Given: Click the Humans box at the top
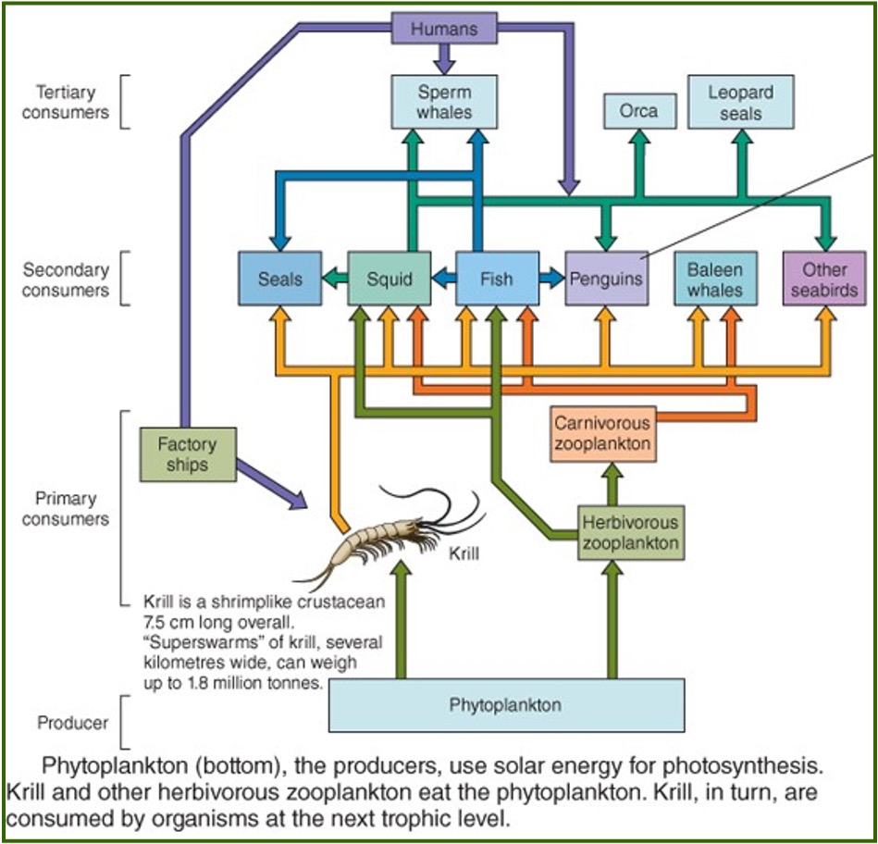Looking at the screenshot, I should tap(444, 28).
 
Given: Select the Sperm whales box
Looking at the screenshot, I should tap(444, 102).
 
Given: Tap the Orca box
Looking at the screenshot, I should tap(639, 111).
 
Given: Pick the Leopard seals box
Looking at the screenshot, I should tap(740, 102).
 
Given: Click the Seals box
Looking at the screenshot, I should tap(279, 278).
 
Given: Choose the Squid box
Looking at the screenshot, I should tap(389, 278).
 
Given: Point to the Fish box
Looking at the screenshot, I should tap(497, 278).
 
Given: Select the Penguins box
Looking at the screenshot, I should tap(606, 278).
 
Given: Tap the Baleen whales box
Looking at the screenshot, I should tap(715, 278).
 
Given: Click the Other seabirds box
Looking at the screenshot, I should tap(824, 278).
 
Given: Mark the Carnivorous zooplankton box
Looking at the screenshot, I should tap(602, 434).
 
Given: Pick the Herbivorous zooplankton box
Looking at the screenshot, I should tap(630, 532).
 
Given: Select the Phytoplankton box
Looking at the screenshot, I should tap(506, 705).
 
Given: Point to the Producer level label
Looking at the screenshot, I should tap(72, 722).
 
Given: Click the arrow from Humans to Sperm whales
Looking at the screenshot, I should tap(445, 59).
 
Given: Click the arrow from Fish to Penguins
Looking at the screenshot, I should tap(551, 278).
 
